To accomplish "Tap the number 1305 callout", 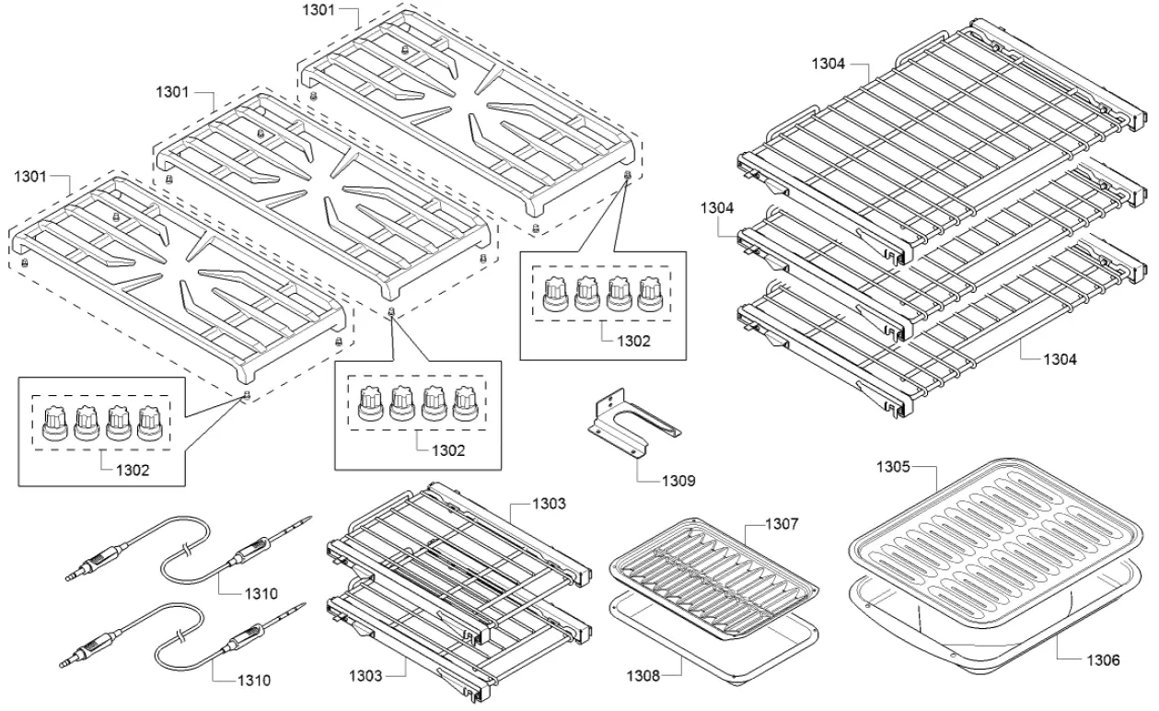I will (892, 467).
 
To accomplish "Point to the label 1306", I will (1102, 659).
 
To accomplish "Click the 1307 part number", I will (781, 524).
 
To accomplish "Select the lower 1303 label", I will (365, 676).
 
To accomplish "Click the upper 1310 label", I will (258, 593).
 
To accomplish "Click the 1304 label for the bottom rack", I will (1058, 359).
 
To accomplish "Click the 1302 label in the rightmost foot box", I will (632, 340).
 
